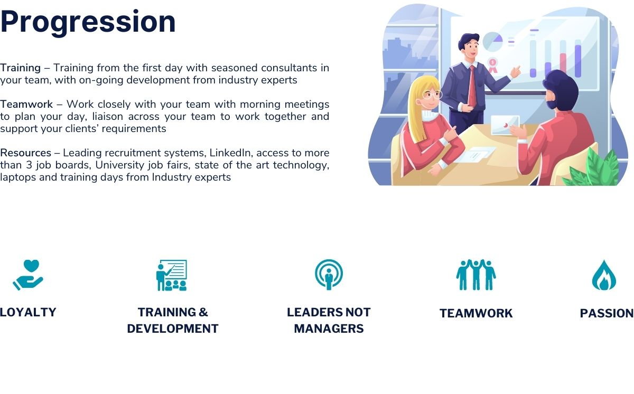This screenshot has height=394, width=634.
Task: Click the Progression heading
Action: pyautogui.click(x=88, y=23)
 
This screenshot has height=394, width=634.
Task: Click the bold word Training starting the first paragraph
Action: pyautogui.click(x=21, y=68)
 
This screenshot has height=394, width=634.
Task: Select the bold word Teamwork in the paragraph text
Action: pyautogui.click(x=26, y=105)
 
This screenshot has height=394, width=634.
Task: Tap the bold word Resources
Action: pyautogui.click(x=25, y=153)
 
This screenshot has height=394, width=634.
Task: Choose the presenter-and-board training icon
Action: pyautogui.click(x=172, y=275)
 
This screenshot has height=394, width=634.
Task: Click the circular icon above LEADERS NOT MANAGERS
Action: pyautogui.click(x=329, y=275)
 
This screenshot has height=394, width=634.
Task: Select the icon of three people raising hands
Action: pyautogui.click(x=476, y=275)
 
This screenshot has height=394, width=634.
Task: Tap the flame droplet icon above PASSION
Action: pyautogui.click(x=604, y=275)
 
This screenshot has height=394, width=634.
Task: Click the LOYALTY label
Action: pyautogui.click(x=28, y=312)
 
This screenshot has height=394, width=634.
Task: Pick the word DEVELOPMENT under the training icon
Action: pyautogui.click(x=173, y=329)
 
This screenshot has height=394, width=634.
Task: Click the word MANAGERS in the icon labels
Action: pyautogui.click(x=329, y=329)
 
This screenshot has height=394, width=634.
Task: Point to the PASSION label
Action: pyautogui.click(x=607, y=313)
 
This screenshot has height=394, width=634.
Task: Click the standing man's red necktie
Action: pyautogui.click(x=472, y=86)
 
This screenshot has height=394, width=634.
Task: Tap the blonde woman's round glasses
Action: pyautogui.click(x=431, y=94)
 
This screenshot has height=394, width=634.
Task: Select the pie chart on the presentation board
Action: pyautogui.click(x=492, y=42)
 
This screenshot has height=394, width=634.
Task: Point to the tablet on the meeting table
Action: pyautogui.click(x=505, y=125)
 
